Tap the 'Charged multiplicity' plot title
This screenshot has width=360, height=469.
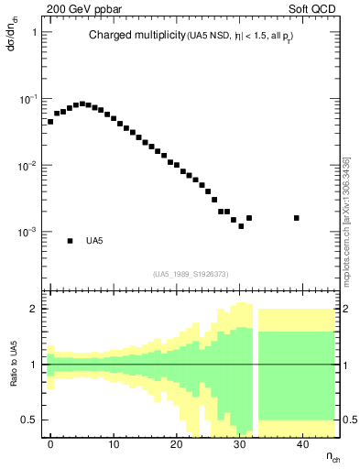(137, 36)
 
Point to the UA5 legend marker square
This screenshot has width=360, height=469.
(70, 241)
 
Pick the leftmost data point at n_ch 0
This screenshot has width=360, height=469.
(50, 121)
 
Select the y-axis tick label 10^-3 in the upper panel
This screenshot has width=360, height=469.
(30, 233)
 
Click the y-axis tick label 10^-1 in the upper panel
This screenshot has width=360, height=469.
(30, 99)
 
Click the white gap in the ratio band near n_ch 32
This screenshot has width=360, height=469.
(256, 366)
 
